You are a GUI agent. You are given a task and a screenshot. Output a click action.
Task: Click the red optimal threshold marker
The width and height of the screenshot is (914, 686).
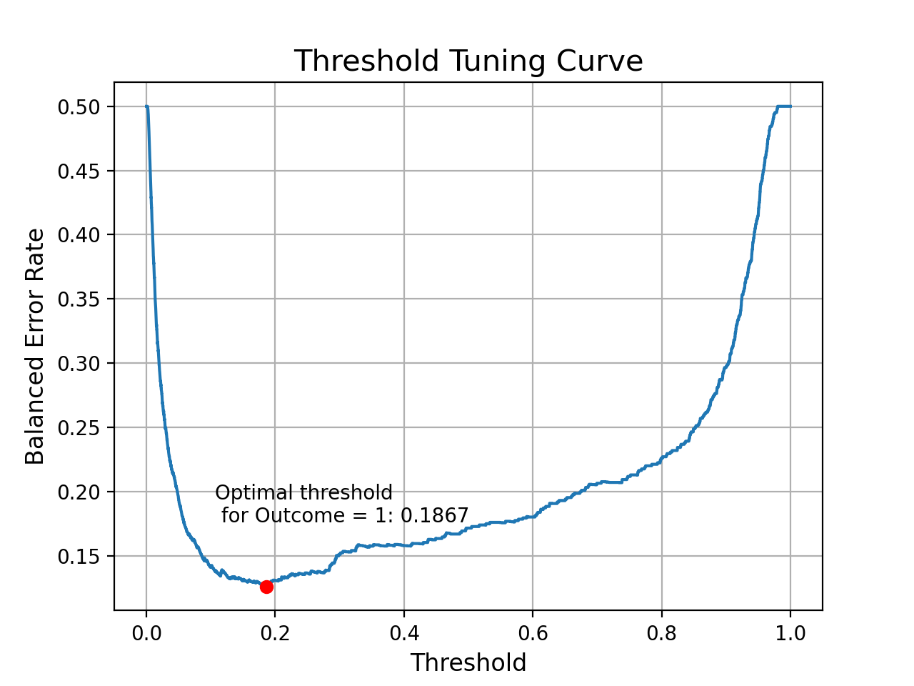click(x=266, y=587)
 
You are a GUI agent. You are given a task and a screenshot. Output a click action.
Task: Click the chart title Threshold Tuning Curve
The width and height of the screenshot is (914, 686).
click(x=468, y=61)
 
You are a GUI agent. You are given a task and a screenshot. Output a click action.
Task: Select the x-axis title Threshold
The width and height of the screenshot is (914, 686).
click(x=468, y=663)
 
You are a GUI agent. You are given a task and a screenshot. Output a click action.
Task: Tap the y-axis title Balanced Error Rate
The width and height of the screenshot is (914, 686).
click(x=35, y=347)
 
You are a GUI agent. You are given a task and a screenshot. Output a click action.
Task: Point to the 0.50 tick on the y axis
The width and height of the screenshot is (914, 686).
click(x=80, y=107)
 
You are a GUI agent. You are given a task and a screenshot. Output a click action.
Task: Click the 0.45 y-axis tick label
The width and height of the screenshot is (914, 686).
click(x=80, y=171)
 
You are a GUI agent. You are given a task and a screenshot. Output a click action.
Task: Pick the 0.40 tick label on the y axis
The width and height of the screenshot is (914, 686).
click(x=80, y=235)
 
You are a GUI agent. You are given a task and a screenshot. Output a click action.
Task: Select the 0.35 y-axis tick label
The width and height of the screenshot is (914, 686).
click(x=80, y=299)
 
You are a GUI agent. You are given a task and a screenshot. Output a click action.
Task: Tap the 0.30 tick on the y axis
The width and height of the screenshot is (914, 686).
click(x=80, y=364)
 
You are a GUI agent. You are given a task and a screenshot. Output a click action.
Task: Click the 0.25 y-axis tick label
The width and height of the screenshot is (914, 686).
click(x=80, y=428)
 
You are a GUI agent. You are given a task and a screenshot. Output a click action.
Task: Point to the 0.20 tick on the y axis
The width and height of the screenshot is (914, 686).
click(x=80, y=492)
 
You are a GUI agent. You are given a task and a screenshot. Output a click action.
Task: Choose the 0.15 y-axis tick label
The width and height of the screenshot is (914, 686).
click(x=80, y=557)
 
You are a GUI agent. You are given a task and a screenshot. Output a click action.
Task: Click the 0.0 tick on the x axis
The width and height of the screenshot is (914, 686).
click(x=146, y=633)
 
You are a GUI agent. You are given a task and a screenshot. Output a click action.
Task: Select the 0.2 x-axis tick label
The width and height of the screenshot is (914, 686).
click(x=275, y=633)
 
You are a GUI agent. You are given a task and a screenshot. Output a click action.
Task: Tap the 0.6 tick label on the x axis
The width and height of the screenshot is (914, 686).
click(x=533, y=633)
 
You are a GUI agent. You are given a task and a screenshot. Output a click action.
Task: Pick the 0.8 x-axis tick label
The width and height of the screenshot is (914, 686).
click(x=661, y=633)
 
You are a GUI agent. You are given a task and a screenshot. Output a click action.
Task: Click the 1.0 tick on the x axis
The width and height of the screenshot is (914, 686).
click(x=790, y=633)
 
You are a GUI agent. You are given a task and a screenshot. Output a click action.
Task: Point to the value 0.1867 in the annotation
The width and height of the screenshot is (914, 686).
click(x=434, y=516)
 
